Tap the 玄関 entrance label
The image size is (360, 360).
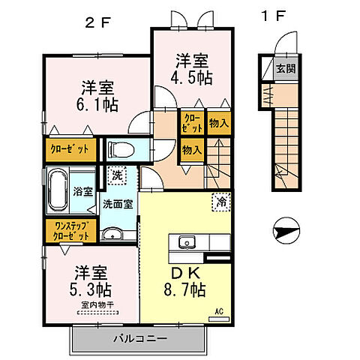pos(285,69)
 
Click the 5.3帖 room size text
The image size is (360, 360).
pos(92,288)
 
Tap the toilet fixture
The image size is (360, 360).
pos(122,148)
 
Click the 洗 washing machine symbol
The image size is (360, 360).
pos(116,176)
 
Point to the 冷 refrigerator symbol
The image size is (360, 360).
pos(222,201)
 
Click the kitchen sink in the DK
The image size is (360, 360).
pos(186,241)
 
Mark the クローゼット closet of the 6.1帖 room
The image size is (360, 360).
pos(69,148)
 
